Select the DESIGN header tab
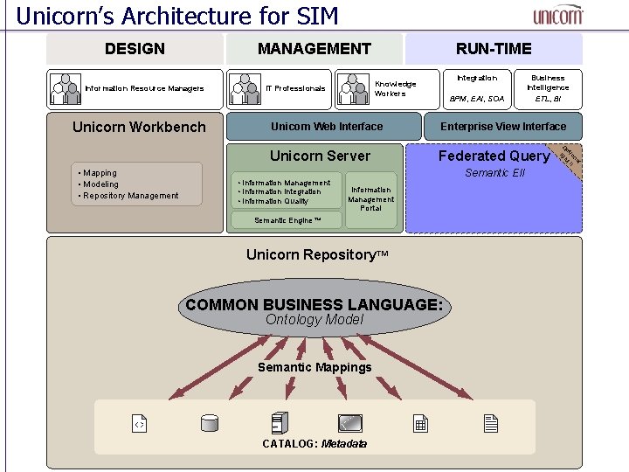click(x=135, y=49)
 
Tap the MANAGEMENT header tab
click(x=314, y=49)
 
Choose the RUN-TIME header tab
click(x=494, y=49)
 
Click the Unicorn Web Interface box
click(x=326, y=127)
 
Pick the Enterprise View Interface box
click(x=502, y=127)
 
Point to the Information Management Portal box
click(x=371, y=198)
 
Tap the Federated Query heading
click(x=494, y=156)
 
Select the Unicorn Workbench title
click(x=139, y=127)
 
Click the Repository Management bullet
click(x=129, y=196)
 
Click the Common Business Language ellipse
click(x=314, y=308)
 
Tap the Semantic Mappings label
click(x=314, y=367)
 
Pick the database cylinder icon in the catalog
click(x=209, y=424)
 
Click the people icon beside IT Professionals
click(x=246, y=87)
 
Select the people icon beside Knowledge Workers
click(x=354, y=87)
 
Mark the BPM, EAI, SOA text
click(x=477, y=99)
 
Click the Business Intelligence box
click(x=548, y=88)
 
